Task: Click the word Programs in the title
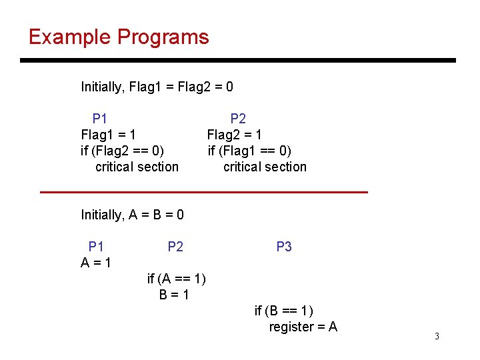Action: [x=163, y=37]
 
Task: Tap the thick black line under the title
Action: [x=237, y=61]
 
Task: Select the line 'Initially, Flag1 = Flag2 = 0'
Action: [x=157, y=87]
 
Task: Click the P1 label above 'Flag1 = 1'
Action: [x=100, y=119]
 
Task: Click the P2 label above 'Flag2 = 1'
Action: [x=238, y=119]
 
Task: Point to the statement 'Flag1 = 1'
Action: [x=109, y=135]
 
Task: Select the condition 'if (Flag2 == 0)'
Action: [x=122, y=151]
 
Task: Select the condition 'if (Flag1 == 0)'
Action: [x=249, y=151]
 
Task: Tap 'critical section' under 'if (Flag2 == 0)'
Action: [x=137, y=167]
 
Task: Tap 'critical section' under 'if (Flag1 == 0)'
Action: [x=265, y=167]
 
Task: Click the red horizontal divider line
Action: [x=204, y=192]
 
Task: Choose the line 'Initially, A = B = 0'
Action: [x=132, y=215]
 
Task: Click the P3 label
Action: [x=284, y=247]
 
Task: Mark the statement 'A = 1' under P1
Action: [x=96, y=263]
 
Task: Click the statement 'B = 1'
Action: [x=174, y=295]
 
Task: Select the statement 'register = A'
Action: [x=303, y=327]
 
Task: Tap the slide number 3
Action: [x=437, y=336]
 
